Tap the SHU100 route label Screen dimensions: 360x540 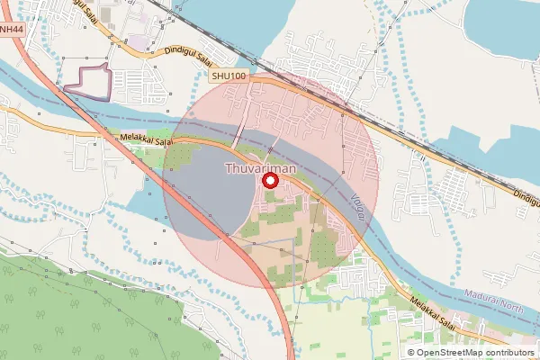coord(229,79)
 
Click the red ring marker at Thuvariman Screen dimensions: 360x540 coord(269,181)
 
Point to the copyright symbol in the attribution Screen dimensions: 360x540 coord(411,352)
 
